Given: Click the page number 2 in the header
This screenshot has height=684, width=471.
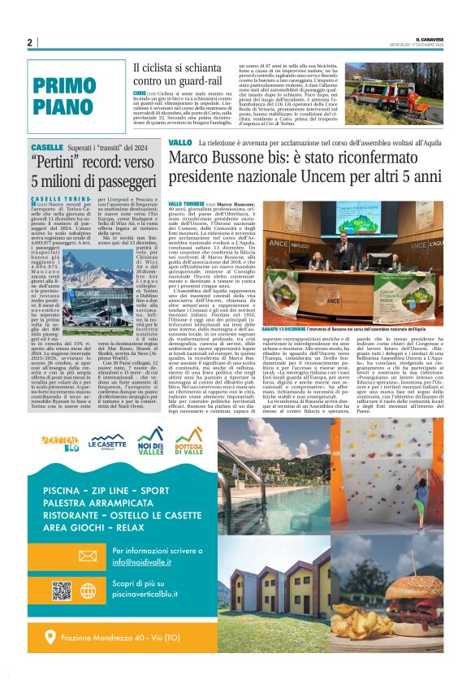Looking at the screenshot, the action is click(29, 43).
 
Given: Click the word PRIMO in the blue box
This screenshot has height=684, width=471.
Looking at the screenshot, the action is click(65, 84).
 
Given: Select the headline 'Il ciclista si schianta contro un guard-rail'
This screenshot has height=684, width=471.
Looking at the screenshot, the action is click(179, 74).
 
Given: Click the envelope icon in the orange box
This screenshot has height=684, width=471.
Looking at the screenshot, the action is click(87, 555).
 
